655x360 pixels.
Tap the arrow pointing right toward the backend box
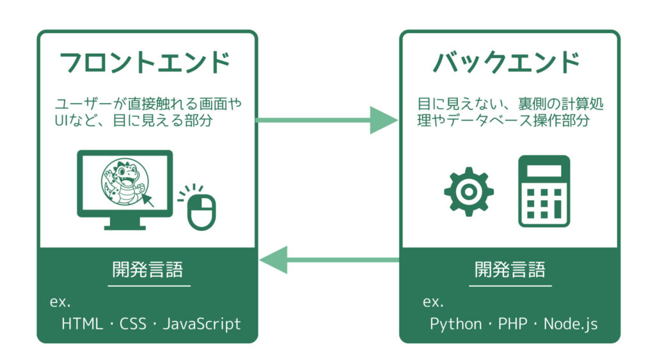[327, 120]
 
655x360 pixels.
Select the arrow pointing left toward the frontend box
[329, 260]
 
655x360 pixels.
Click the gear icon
[469, 192]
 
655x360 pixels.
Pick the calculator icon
[544, 191]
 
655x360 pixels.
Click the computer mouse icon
[201, 212]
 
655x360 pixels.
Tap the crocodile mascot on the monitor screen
[125, 181]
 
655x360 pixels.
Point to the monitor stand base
[125, 228]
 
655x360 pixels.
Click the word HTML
[82, 324]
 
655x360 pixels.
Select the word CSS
[133, 324]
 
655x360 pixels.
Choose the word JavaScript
[201, 324]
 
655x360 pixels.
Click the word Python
[455, 324]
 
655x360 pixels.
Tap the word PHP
[512, 324]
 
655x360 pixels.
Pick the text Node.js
[571, 324]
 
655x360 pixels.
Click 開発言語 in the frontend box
[148, 270]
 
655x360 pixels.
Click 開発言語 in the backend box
[510, 270]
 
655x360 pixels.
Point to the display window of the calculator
[544, 171]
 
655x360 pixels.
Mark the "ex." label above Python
[433, 302]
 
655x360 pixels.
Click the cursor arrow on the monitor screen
[148, 199]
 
